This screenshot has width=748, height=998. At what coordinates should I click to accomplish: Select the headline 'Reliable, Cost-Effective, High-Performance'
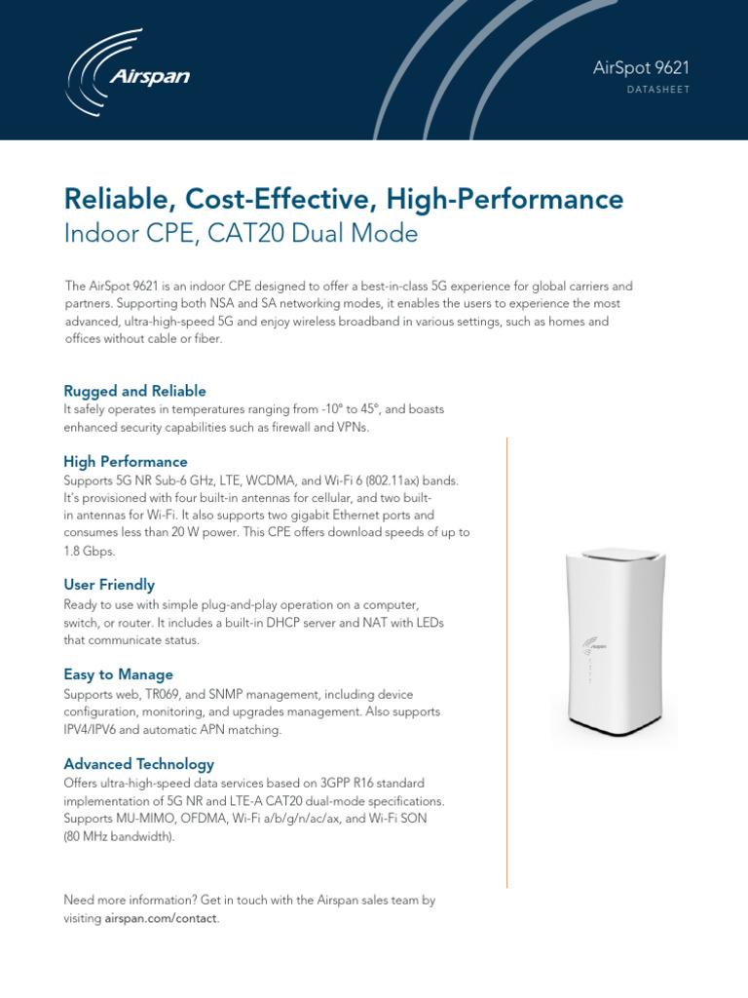coord(343,200)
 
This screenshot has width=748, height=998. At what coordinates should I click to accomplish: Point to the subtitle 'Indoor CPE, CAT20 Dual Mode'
coord(241,234)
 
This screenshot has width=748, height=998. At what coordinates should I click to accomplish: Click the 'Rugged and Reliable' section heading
coord(134,391)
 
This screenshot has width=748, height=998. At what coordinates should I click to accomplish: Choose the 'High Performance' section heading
coord(126,461)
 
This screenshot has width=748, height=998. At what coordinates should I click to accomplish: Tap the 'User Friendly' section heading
coord(109,585)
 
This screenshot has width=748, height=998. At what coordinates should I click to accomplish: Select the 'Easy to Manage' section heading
coord(118,674)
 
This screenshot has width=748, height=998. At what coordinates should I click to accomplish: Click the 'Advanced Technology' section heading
coord(138,764)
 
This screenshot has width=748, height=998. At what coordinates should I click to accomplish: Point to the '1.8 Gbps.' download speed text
coord(90,552)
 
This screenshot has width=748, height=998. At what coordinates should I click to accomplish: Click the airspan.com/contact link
coord(162,919)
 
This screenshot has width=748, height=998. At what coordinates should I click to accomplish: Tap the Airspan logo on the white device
coord(595,643)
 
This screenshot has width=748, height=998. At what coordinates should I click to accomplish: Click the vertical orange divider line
coord(507,663)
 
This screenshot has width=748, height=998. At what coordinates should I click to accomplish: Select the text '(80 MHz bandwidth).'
coord(119,837)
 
